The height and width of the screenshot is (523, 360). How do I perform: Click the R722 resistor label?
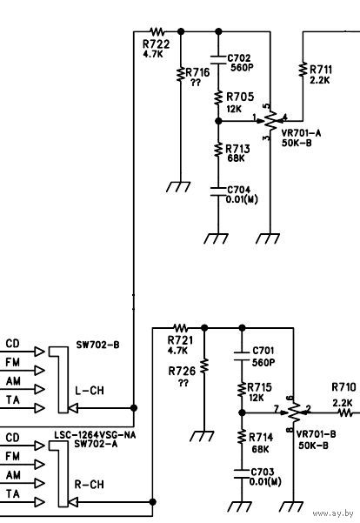156,44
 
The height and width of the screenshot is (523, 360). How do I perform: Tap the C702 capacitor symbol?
218,59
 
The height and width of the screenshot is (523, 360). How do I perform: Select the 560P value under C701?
263,363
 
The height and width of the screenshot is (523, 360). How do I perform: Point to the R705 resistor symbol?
218,97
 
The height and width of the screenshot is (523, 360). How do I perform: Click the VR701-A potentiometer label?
301,133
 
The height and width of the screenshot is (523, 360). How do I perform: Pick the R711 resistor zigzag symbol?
303,70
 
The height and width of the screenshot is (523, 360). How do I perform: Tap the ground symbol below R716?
178,187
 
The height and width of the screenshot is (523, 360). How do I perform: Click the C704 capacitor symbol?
218,191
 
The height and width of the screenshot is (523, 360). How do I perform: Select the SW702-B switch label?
97,345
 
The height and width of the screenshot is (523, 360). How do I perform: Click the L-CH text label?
90,391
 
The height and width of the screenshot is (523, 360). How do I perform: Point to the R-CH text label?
89,485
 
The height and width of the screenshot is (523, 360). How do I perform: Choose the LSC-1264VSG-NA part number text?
95,435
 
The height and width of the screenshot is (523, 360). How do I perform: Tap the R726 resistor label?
182,371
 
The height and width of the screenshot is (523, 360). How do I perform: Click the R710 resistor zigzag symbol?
346,413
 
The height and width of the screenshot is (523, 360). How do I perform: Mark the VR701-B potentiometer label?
316,434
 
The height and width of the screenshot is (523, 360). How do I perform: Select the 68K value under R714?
260,449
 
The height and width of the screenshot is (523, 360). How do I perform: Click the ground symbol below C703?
240,506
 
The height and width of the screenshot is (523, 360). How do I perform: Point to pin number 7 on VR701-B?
276,409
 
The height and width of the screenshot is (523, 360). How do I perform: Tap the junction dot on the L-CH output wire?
134,407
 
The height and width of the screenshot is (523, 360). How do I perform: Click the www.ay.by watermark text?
333,513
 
